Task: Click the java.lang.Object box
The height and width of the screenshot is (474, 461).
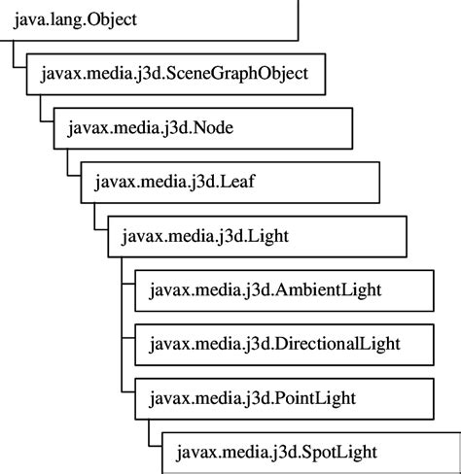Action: click(x=146, y=19)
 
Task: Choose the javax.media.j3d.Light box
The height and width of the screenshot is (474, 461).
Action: click(x=253, y=235)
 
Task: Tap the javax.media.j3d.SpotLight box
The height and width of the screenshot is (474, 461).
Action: click(x=306, y=452)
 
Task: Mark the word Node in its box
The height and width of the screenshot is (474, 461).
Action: click(x=214, y=127)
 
